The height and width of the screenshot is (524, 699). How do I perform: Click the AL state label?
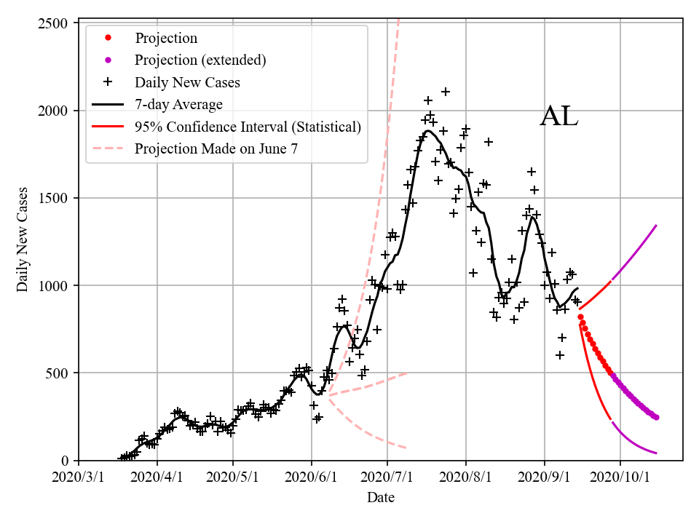click(559, 117)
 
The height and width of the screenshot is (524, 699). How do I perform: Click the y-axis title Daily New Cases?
click(23, 240)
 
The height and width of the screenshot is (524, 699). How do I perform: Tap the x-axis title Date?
click(381, 498)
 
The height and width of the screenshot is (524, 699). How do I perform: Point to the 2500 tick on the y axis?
click(53, 23)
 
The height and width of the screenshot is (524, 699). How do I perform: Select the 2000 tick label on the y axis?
click(53, 111)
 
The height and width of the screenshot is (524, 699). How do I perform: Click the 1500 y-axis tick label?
click(53, 198)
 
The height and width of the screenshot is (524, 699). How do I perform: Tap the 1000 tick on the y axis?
click(53, 285)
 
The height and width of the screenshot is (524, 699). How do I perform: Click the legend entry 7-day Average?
click(178, 104)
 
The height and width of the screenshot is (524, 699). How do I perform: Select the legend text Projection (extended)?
click(200, 60)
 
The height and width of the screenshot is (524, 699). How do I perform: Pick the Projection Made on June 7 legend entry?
click(216, 148)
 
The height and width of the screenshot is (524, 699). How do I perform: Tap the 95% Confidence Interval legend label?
click(248, 127)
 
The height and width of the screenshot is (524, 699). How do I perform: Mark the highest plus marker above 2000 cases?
click(446, 92)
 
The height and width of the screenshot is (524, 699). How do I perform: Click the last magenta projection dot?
click(656, 417)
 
